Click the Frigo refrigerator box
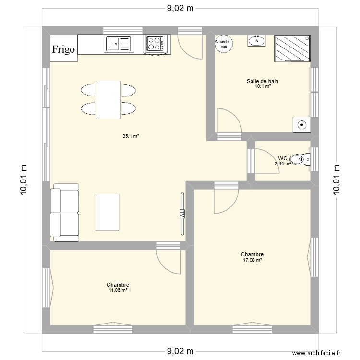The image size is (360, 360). tap(64, 48)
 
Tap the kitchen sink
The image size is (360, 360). tap(118, 44)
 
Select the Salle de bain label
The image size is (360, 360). tap(263, 82)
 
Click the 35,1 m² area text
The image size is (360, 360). tap(131, 136)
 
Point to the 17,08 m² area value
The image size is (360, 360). tap(252, 260)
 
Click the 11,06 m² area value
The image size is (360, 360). tap(118, 290)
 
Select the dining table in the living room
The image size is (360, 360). tap(108, 99)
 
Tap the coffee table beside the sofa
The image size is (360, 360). tap(108, 212)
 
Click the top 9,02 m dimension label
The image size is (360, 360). tap(180, 8)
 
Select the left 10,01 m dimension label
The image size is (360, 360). tap(23, 180)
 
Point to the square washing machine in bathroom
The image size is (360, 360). tap(301, 125)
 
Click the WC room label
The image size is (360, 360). tap(283, 158)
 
